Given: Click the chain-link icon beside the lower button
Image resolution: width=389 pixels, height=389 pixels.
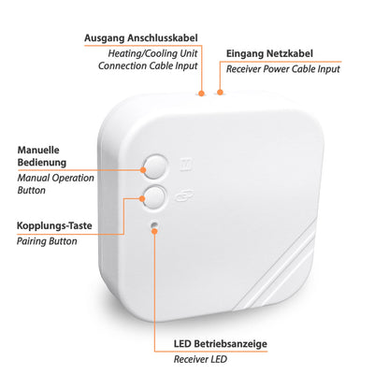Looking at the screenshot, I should pyautogui.click(x=183, y=194).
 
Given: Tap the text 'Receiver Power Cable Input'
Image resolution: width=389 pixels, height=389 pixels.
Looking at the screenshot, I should pyautogui.click(x=281, y=70).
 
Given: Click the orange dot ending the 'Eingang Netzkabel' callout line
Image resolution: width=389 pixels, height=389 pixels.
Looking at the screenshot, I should pyautogui.click(x=221, y=93).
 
